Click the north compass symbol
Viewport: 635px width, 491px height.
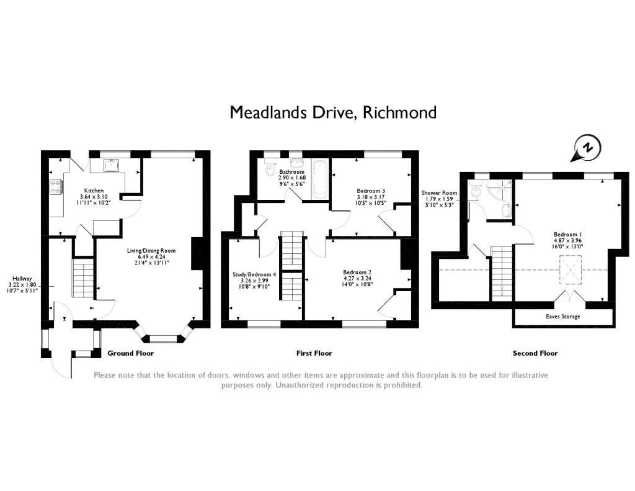tap(586, 148)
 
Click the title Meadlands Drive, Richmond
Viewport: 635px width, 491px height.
tap(333, 112)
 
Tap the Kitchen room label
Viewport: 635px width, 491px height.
tap(94, 191)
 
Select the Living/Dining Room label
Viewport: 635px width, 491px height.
tap(151, 251)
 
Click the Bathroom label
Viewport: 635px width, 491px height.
tap(291, 172)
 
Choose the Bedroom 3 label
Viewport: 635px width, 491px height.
tap(371, 191)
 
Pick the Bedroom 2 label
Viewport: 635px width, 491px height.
tap(357, 272)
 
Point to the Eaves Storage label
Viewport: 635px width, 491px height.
tap(562, 317)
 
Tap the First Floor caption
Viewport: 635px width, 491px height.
tap(314, 353)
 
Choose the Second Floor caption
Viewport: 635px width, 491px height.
tap(535, 353)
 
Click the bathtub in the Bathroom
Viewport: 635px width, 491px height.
tap(320, 180)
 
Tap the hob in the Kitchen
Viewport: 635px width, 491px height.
tap(55, 185)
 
